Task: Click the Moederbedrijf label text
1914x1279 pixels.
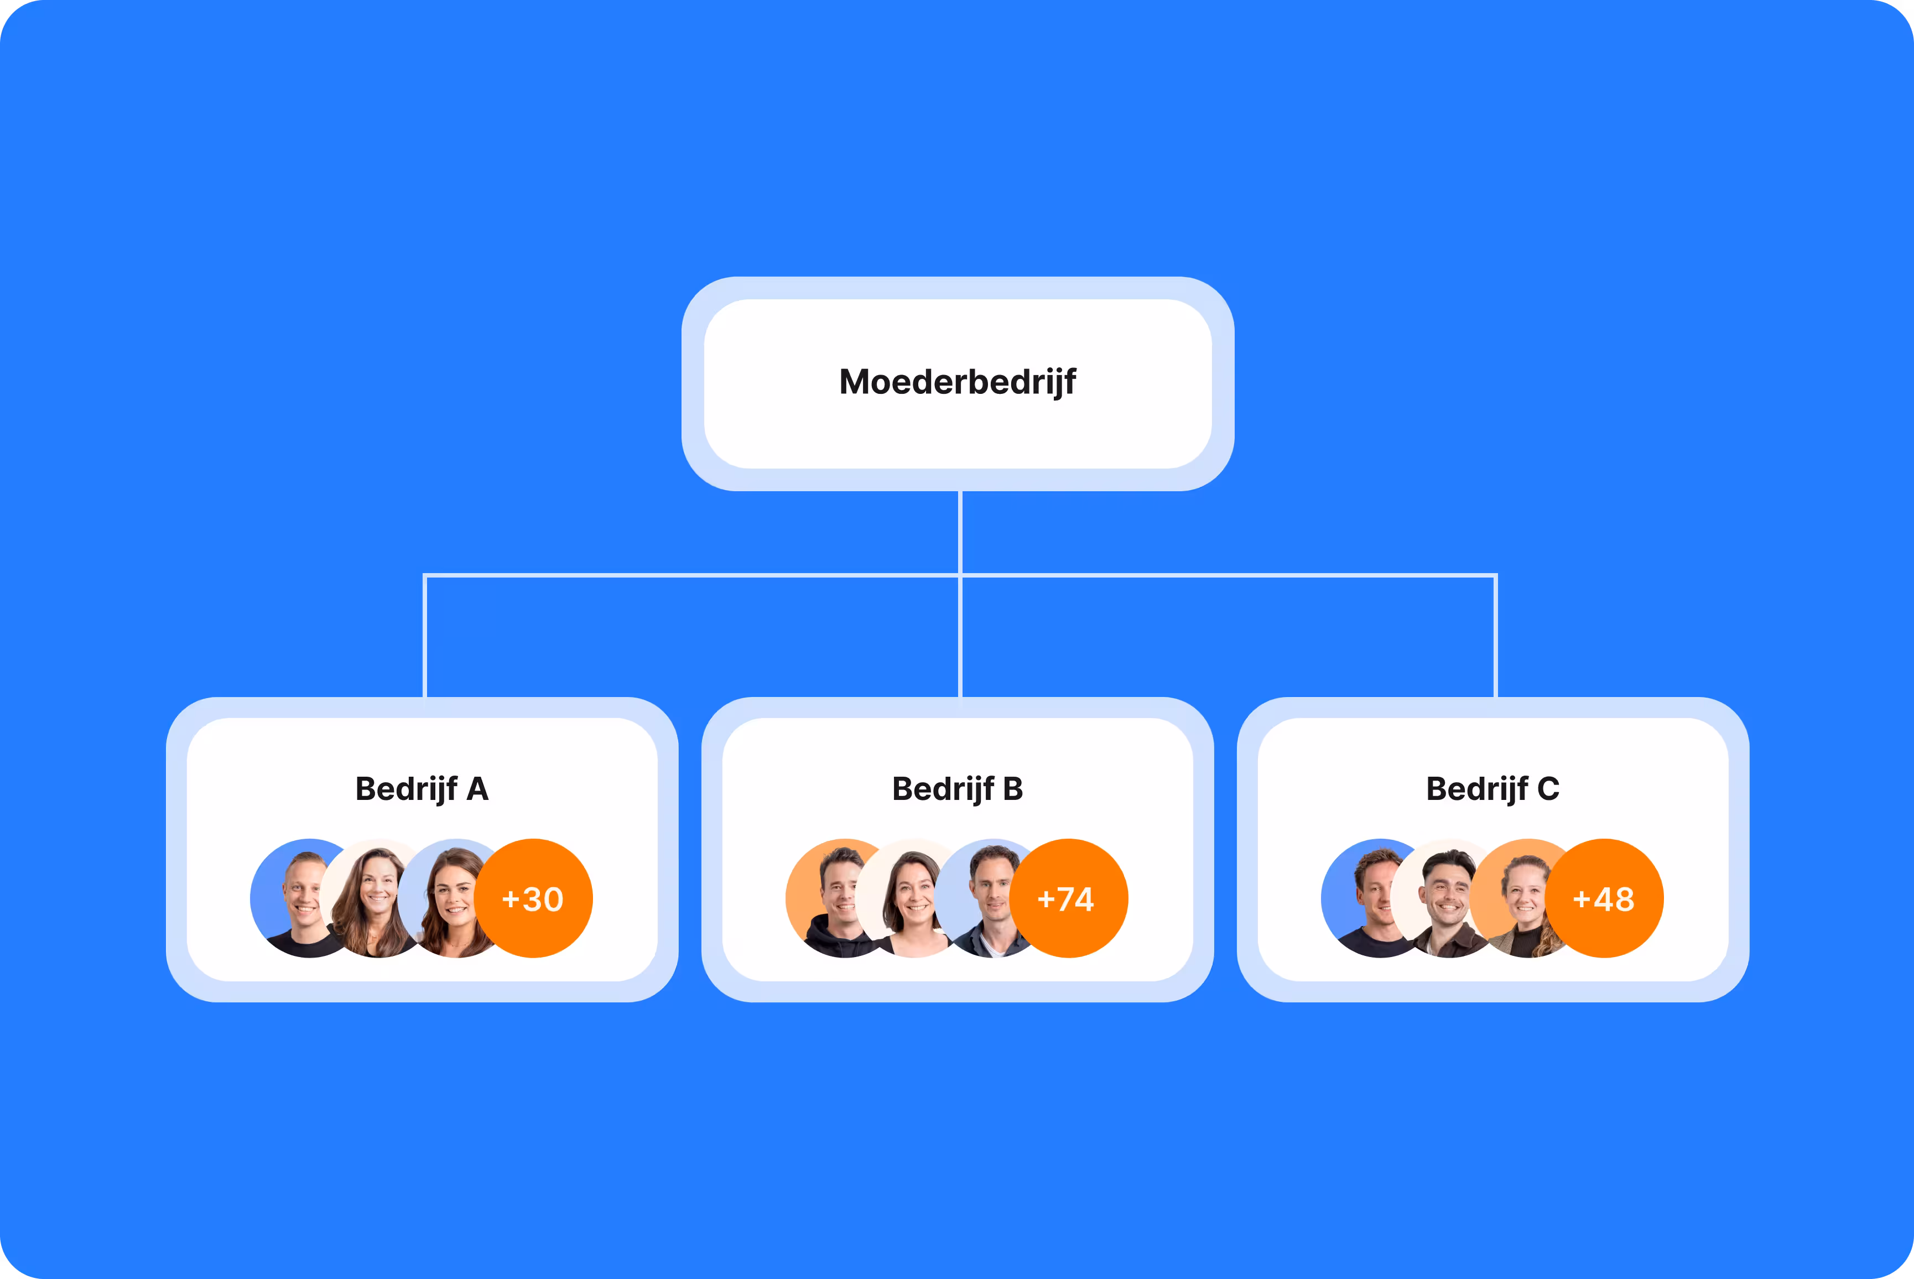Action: tap(958, 382)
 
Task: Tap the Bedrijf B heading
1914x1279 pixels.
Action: tap(958, 789)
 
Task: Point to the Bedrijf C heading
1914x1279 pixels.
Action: tap(1492, 789)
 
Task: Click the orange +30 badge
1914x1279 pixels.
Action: tap(533, 898)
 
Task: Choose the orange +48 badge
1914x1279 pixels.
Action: tap(1604, 898)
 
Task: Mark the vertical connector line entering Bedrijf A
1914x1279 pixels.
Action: tap(425, 636)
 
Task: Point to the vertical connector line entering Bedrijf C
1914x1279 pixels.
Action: tap(1496, 636)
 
